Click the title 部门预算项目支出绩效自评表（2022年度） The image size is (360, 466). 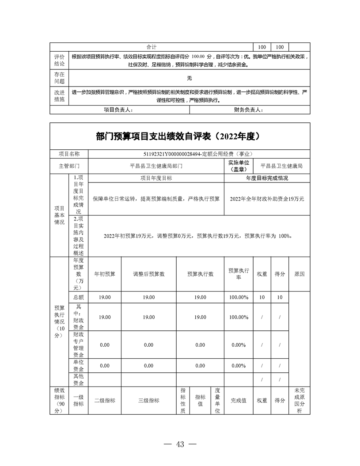click(177, 136)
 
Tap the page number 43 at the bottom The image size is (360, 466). click(180, 444)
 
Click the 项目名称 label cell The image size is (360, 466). click(69, 154)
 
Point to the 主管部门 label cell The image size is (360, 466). click(69, 166)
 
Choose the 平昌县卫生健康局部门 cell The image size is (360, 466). click(156, 166)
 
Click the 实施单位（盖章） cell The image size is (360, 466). click(239, 166)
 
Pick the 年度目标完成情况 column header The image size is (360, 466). click(267, 178)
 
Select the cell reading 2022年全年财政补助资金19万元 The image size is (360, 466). click(267, 199)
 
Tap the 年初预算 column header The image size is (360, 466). click(105, 274)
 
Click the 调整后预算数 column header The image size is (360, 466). click(148, 274)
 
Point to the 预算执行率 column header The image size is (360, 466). click(239, 274)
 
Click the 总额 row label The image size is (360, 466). click(78, 297)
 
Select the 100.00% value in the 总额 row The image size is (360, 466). click(239, 297)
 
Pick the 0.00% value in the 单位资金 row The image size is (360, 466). click(239, 366)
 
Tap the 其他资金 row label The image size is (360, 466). click(78, 379)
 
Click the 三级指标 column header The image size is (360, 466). click(148, 401)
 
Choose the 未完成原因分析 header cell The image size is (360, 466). click(299, 401)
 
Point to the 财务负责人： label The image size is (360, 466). click(248, 110)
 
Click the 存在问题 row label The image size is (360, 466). click(59, 78)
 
